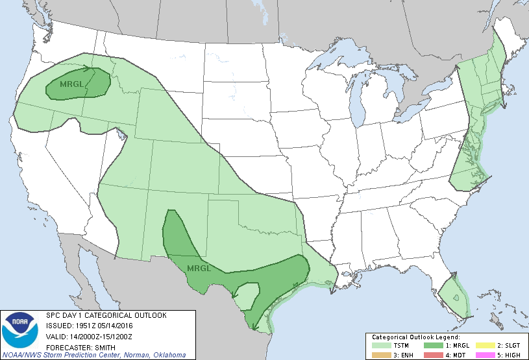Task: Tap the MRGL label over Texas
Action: pyautogui.click(x=199, y=268)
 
